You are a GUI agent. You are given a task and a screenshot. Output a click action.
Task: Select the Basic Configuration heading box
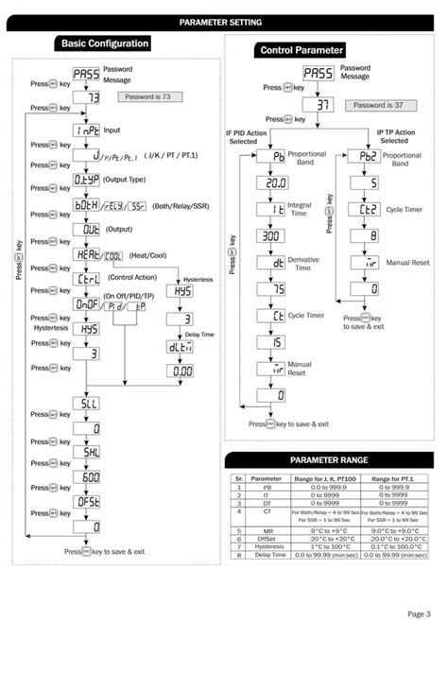tap(104, 43)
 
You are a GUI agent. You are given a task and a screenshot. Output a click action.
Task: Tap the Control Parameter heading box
tap(301, 50)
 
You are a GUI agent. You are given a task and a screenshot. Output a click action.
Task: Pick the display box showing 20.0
tap(276, 184)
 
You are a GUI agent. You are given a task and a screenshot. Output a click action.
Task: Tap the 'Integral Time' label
tap(300, 210)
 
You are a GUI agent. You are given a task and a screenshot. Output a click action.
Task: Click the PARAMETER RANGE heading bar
tap(328, 459)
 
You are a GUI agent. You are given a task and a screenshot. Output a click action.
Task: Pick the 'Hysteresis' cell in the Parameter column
tap(268, 545)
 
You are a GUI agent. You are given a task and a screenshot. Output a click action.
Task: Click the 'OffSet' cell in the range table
tap(268, 538)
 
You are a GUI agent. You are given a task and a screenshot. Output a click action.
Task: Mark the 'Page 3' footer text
tap(419, 614)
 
